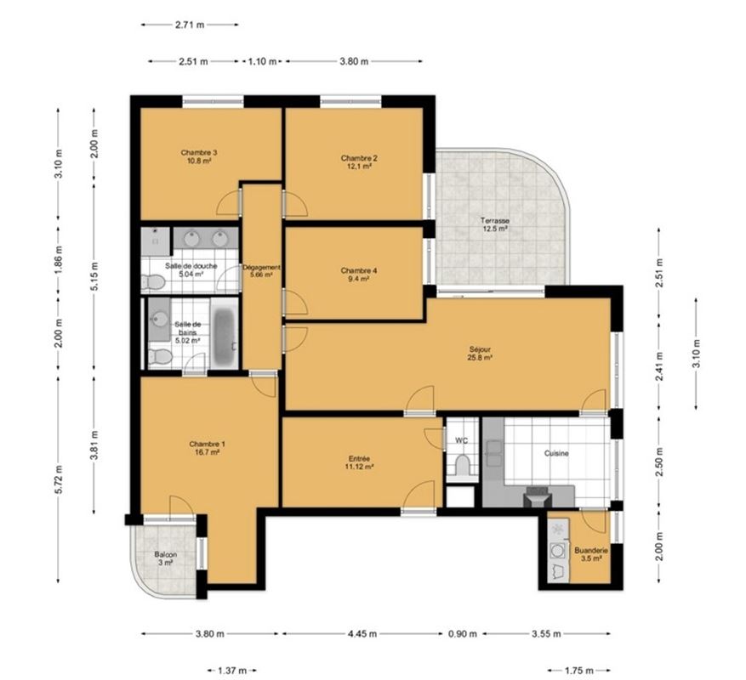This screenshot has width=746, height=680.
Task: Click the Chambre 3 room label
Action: tap(199, 156)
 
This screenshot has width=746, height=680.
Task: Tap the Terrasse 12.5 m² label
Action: tap(494, 224)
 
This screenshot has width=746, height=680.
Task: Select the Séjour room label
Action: tap(480, 354)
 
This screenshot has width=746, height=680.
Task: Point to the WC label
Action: tap(462, 441)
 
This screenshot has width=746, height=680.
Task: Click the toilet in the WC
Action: tap(462, 465)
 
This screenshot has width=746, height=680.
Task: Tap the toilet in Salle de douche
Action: tap(153, 282)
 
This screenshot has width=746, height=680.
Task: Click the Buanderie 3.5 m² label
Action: tap(591, 554)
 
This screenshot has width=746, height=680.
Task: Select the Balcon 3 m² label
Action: tap(166, 558)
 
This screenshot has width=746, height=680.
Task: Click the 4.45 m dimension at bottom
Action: tap(362, 634)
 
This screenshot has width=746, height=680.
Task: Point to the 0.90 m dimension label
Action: tap(463, 634)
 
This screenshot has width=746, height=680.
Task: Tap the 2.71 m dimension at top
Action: tap(190, 25)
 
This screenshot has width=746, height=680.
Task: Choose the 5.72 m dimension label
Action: tap(59, 479)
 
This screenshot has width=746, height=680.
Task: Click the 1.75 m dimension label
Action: tap(579, 671)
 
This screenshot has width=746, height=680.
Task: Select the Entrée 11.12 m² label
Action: tap(359, 462)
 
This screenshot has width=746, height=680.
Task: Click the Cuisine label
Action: tap(556, 453)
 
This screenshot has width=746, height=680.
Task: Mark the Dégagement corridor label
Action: tap(261, 271)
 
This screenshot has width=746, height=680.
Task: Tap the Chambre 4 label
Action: tap(359, 275)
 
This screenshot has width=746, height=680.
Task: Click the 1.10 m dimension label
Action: tap(262, 61)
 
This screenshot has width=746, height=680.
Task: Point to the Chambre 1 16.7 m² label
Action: tap(207, 448)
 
